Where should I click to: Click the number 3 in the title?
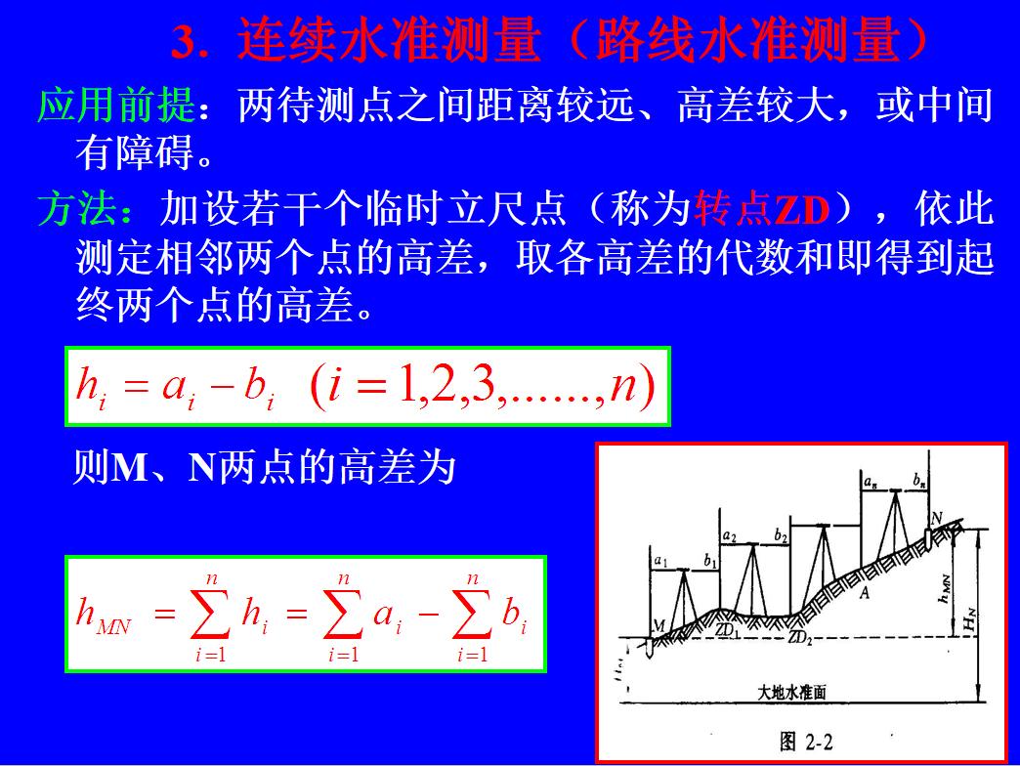click(x=186, y=42)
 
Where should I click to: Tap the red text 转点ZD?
click(x=761, y=209)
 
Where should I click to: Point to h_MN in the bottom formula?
click(x=104, y=616)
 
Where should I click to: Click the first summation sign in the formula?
click(x=210, y=613)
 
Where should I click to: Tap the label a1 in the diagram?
click(x=660, y=563)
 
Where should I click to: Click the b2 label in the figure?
click(x=781, y=534)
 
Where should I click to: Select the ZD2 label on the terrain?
click(x=800, y=639)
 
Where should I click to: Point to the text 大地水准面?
click(x=792, y=691)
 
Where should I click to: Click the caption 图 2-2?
click(x=806, y=742)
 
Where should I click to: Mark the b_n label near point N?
click(x=919, y=480)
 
